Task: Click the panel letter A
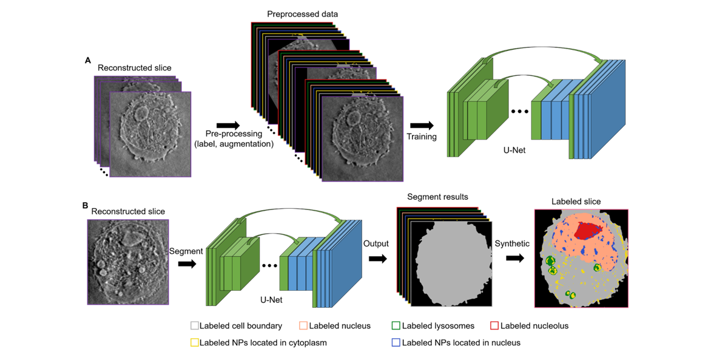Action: [x=88, y=60]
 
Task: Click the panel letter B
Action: [x=85, y=205]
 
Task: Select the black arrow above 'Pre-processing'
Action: [x=228, y=125]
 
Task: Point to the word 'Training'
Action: [x=422, y=137]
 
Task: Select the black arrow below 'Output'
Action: [x=377, y=259]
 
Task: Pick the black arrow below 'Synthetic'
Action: [x=515, y=258]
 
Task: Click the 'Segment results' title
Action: [x=437, y=197]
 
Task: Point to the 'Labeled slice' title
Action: [x=576, y=201]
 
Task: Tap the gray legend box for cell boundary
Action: [x=194, y=326]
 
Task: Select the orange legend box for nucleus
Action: [x=303, y=326]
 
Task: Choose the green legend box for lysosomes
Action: [x=396, y=326]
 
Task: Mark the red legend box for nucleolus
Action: [x=494, y=326]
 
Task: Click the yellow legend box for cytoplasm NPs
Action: [x=194, y=342]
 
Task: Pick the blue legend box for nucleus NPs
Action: [x=396, y=342]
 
